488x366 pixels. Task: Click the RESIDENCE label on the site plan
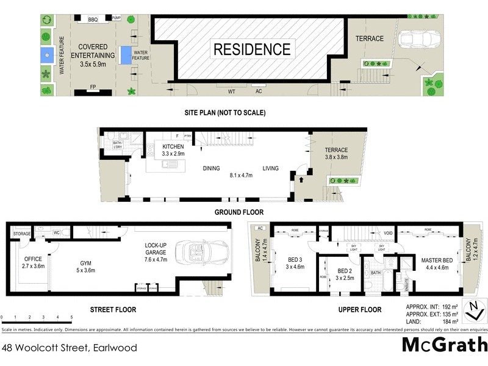coord(251,49)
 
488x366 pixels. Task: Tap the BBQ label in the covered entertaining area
coord(93,20)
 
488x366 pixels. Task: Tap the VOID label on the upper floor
coord(388,233)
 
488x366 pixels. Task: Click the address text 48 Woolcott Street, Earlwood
coord(69,348)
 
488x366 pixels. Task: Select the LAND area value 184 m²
coord(433,321)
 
